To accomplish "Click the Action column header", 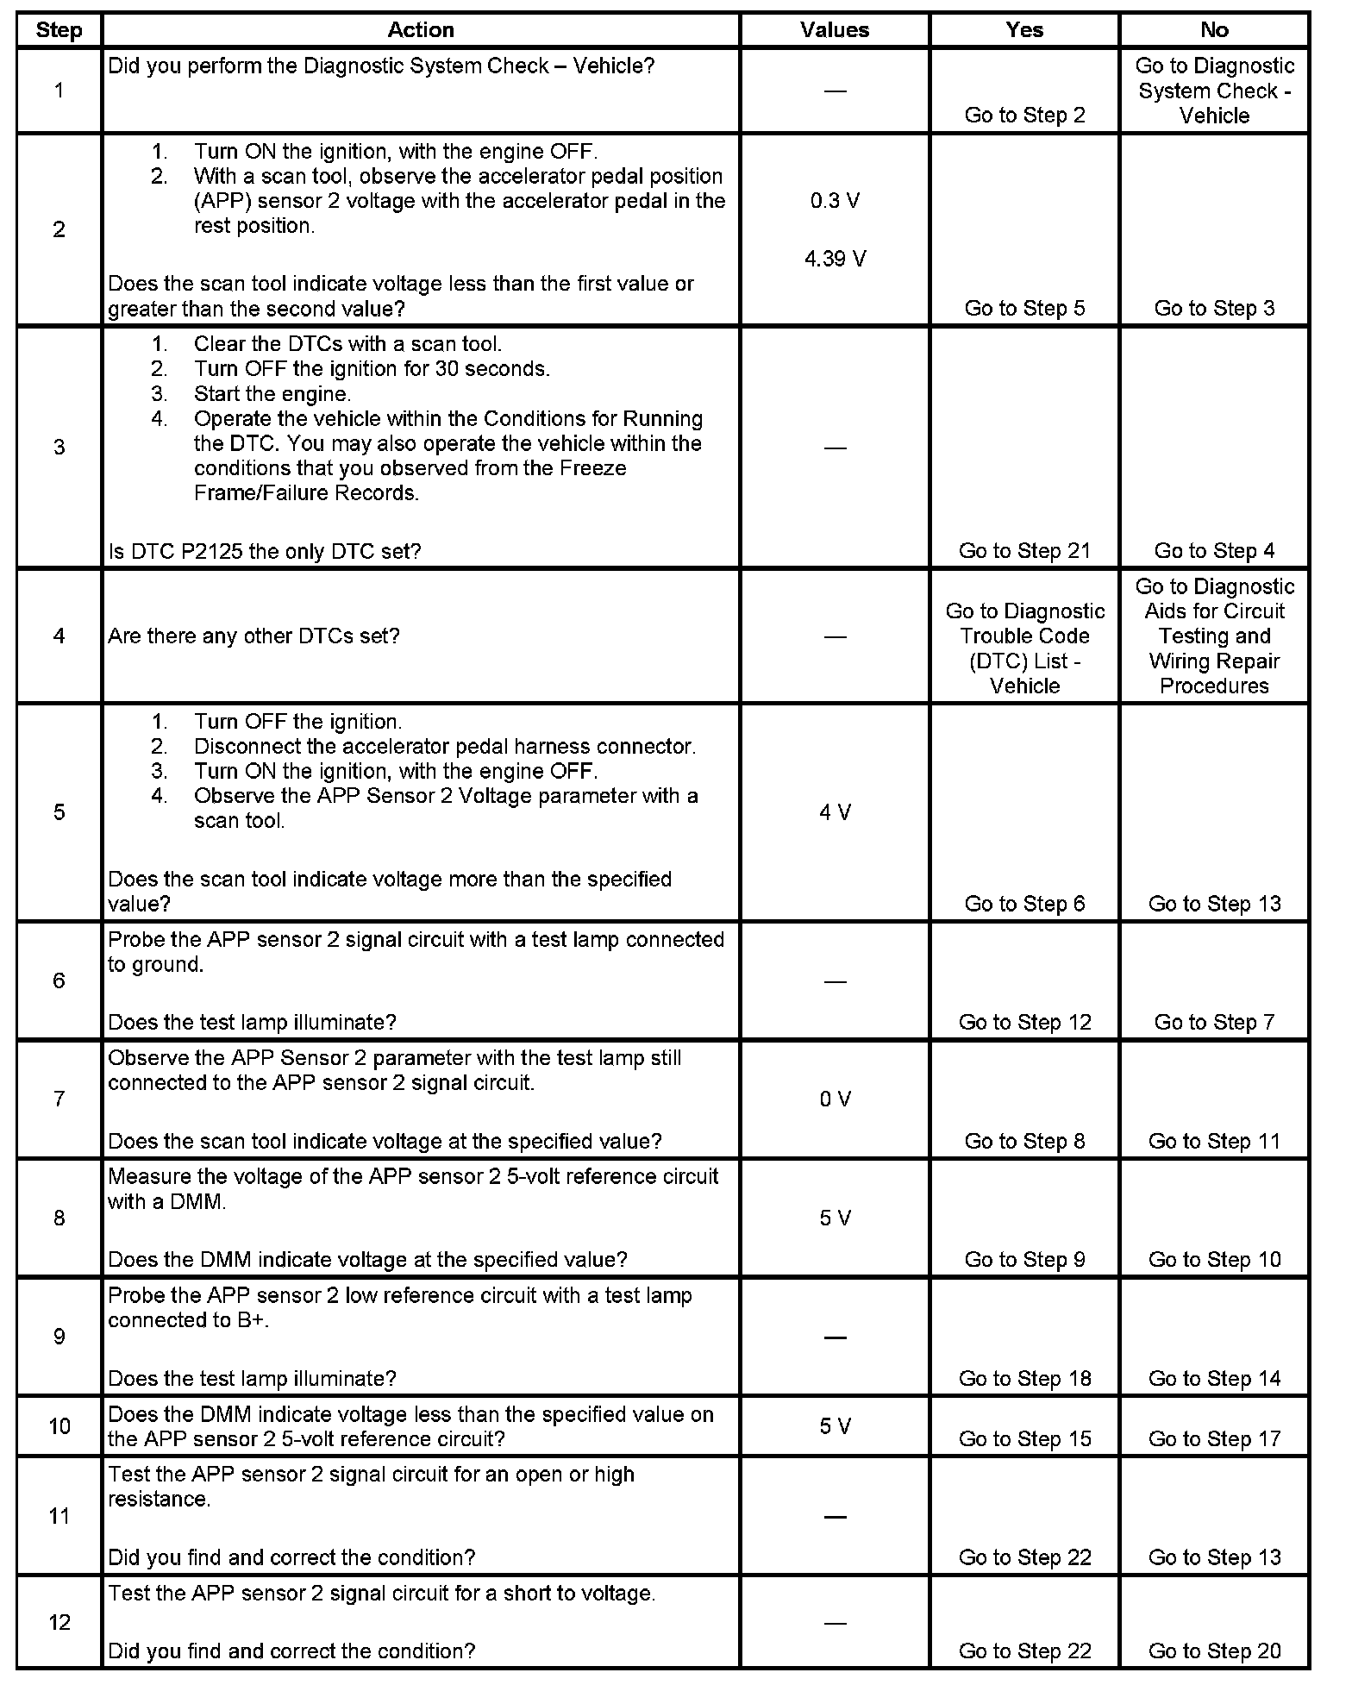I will tap(421, 30).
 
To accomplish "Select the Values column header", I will tap(835, 30).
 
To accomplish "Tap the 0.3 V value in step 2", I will tap(835, 201).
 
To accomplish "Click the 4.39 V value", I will tap(835, 259).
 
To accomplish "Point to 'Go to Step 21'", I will tap(1024, 550).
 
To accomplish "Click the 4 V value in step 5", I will tap(835, 812).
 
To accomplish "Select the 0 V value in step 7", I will tap(835, 1099).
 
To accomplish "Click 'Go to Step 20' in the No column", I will tap(1214, 1651).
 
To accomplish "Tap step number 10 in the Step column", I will tap(59, 1426).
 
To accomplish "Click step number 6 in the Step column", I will tap(59, 980).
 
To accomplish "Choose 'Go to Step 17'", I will tap(1214, 1438).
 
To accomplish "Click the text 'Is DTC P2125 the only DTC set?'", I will tap(265, 551).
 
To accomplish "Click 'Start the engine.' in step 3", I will tap(272, 394).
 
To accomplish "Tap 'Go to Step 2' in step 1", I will tap(1024, 116).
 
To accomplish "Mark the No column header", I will tap(1214, 30).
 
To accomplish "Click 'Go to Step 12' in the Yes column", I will tap(1024, 1022).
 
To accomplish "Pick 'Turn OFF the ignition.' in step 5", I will tap(297, 722).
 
